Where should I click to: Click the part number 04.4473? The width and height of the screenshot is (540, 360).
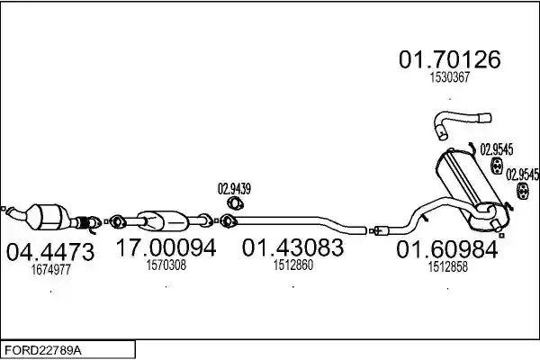[x=50, y=252]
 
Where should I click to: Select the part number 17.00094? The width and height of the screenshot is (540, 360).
[x=166, y=247]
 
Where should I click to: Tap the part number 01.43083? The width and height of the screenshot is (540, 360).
[x=292, y=247]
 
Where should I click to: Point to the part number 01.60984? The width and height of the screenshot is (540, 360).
[x=447, y=249]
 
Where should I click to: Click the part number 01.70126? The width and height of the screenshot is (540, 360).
[x=450, y=59]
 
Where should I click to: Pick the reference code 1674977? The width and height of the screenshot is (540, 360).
[x=51, y=269]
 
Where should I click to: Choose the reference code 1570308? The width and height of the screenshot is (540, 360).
[x=166, y=265]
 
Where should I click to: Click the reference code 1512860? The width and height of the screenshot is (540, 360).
[x=293, y=265]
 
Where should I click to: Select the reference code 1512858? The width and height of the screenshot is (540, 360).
[x=447, y=266]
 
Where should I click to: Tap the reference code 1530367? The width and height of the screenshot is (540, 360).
[x=450, y=77]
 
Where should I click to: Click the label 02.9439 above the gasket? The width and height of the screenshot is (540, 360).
[x=234, y=189]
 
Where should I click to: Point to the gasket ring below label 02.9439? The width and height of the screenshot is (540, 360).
[x=235, y=203]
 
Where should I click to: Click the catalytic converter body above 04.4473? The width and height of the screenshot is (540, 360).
[x=49, y=217]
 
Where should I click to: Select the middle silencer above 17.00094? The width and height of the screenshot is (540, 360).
[x=163, y=220]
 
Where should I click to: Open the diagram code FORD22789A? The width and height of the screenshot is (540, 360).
[x=43, y=351]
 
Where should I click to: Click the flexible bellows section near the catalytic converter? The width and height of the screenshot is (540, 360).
[x=83, y=223]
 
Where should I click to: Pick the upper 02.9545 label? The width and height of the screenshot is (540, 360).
[x=497, y=149]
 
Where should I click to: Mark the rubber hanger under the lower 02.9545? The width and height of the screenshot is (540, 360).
[x=523, y=192]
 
